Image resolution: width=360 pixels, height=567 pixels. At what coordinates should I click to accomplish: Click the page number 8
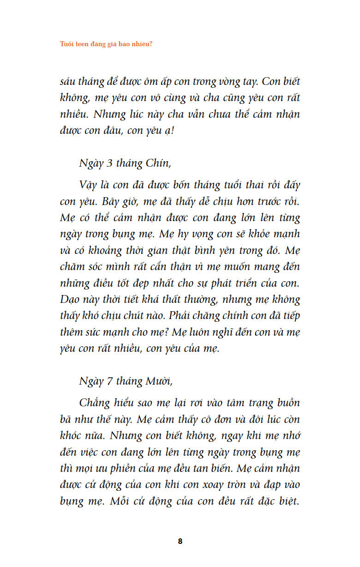click(180, 541)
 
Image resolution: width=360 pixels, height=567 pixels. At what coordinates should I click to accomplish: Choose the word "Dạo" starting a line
click(70, 299)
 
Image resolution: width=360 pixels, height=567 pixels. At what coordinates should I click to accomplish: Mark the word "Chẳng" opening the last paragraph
click(95, 403)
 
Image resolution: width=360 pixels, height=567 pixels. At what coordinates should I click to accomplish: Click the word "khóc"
click(72, 435)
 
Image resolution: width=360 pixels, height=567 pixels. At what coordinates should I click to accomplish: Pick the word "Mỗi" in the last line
click(122, 501)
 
